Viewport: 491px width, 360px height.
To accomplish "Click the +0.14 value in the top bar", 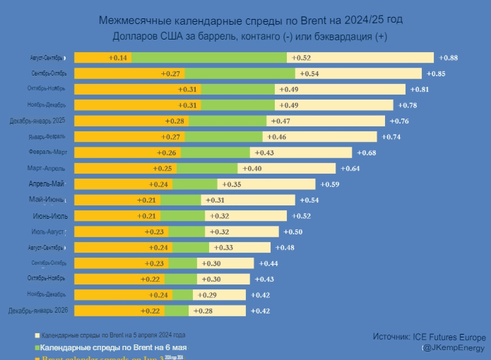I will point(117,57).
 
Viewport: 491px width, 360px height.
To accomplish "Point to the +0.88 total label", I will point(448,57).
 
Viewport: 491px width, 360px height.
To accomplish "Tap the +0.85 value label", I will point(435,73).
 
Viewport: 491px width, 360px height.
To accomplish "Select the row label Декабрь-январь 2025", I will point(37,121).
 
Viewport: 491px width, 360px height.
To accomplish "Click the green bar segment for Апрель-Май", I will point(194,184).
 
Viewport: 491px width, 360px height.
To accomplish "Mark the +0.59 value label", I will point(330,184).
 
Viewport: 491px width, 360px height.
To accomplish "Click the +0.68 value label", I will point(366,152).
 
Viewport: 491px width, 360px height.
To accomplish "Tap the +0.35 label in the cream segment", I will point(231,184).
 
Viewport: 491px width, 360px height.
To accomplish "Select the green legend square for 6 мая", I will point(37,348).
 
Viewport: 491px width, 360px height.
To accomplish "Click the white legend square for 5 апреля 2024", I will point(37,335).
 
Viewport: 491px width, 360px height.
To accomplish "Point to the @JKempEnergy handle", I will point(454,348).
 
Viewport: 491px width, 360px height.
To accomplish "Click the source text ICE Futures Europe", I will point(449,337).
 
